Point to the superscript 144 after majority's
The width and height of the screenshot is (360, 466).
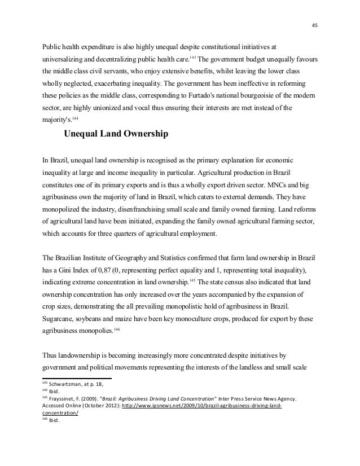(77, 118)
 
